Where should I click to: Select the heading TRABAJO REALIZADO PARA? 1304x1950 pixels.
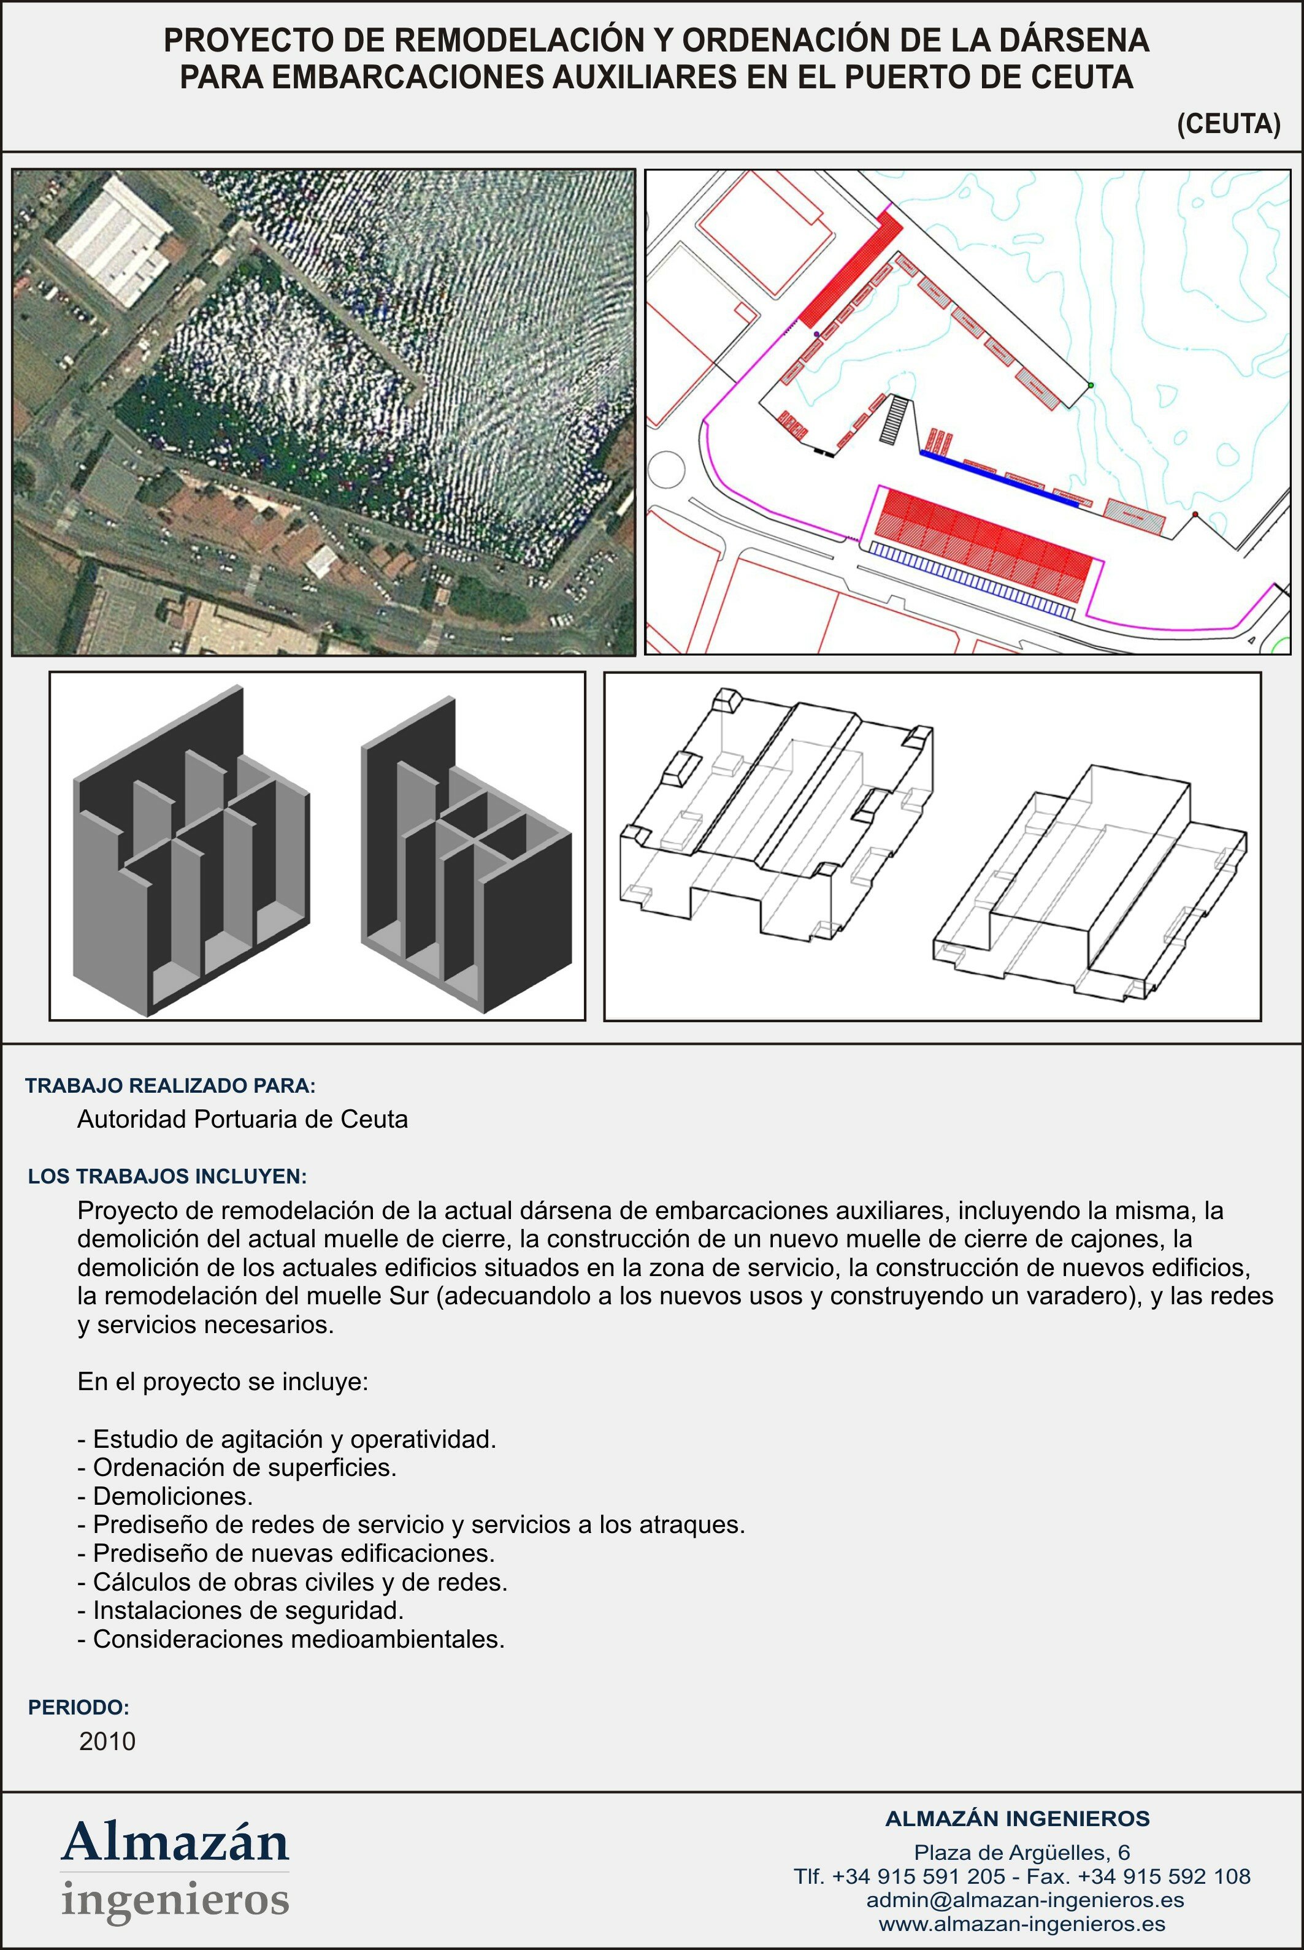[x=171, y=1085]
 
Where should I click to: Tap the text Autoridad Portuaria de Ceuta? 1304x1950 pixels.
[x=242, y=1120]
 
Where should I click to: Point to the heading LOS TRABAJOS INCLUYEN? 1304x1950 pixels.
[x=167, y=1176]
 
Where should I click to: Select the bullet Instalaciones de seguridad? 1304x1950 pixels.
[x=240, y=1610]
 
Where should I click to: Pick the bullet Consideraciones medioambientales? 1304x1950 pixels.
[x=291, y=1639]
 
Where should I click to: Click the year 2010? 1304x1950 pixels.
[x=107, y=1742]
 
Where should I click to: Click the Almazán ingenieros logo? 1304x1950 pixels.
[x=175, y=1870]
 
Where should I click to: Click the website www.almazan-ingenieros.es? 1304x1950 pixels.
[x=1021, y=1924]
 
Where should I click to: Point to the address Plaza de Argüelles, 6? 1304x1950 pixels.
[x=1021, y=1852]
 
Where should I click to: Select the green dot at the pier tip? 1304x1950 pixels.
[x=1091, y=386]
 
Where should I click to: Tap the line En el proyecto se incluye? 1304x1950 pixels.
[x=222, y=1382]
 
